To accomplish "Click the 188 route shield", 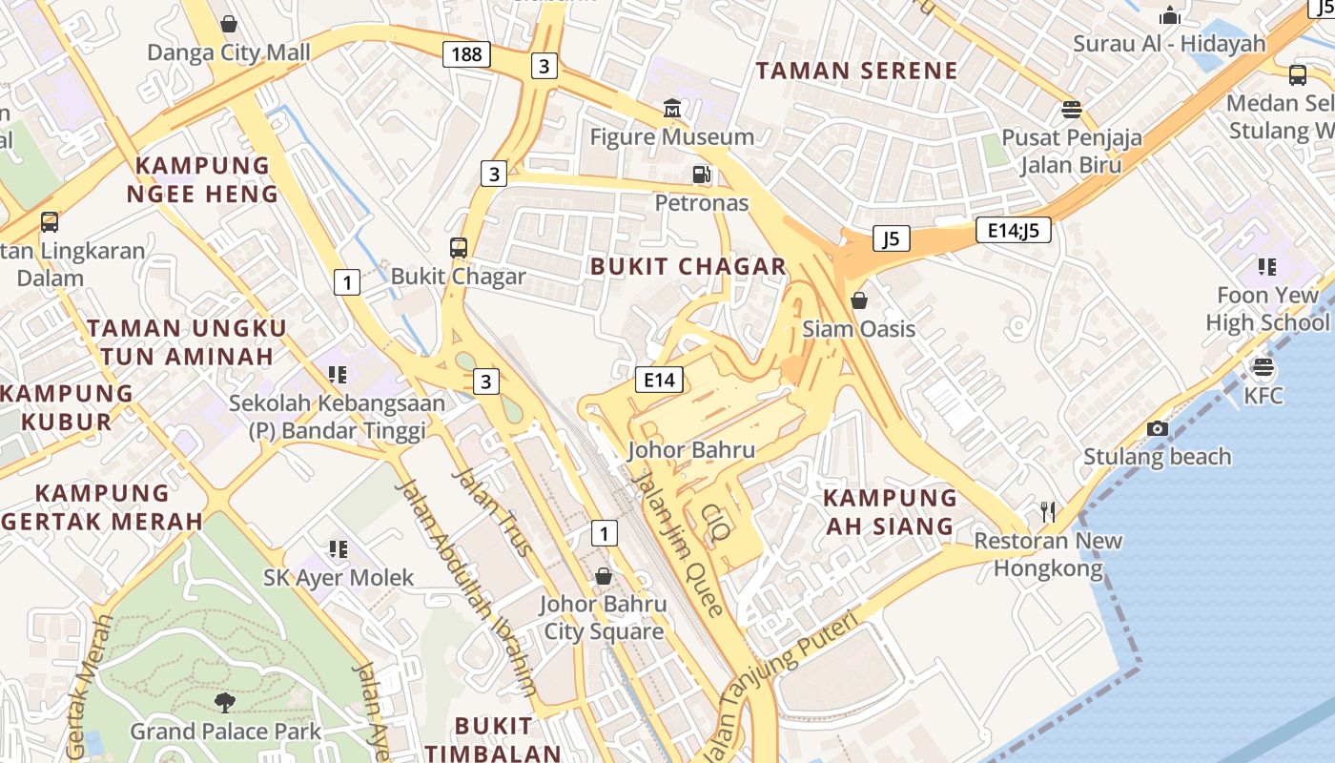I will (466, 54).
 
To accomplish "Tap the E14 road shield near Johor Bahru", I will (659, 380).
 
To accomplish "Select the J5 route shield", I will (891, 238).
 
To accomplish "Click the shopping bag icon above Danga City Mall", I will (229, 23).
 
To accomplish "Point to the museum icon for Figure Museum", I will (673, 109).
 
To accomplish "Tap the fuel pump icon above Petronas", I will (702, 175).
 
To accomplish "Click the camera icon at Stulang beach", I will (1158, 428).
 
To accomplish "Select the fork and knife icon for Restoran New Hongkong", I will (1048, 512).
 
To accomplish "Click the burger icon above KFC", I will (1263, 367).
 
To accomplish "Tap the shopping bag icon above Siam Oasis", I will (858, 300).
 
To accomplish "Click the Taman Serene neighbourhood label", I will (856, 71).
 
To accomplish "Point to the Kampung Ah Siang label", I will (890, 511).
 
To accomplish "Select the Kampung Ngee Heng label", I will (202, 179).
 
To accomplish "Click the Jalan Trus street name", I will (492, 512).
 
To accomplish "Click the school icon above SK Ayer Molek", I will (338, 549).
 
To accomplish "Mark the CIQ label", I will (715, 522).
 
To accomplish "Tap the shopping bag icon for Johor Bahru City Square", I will (603, 576).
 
